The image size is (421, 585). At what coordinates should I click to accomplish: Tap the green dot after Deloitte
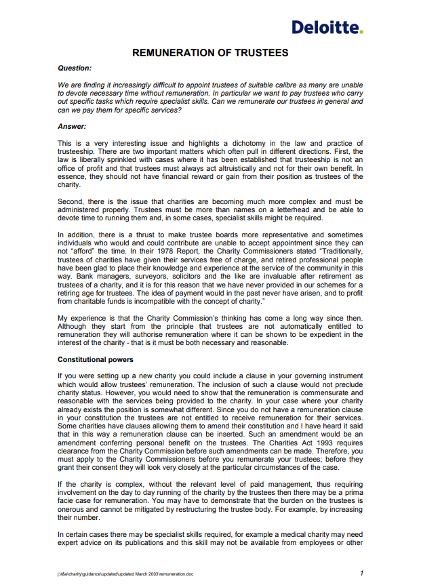(x=361, y=31)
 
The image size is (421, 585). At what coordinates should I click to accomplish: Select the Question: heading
(x=75, y=68)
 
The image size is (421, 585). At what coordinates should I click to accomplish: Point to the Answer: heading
(x=72, y=126)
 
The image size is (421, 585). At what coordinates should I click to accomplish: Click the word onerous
(x=73, y=506)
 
